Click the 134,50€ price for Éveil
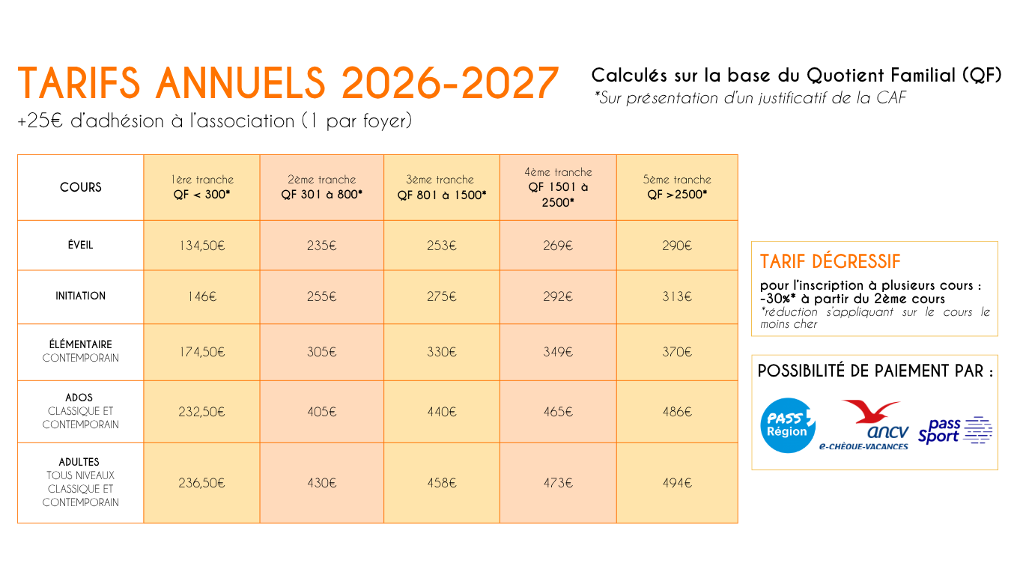tap(202, 246)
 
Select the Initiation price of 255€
tap(321, 296)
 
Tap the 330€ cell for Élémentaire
tap(442, 352)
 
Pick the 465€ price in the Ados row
tap(558, 412)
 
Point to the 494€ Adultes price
tap(677, 483)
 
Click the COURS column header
tap(80, 187)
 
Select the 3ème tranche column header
tap(442, 187)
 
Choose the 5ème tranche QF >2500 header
tap(677, 186)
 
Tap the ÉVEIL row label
tap(80, 246)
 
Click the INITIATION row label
tap(80, 296)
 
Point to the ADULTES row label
tap(79, 462)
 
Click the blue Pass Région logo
tap(787, 426)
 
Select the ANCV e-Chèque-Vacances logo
tap(863, 425)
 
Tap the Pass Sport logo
tap(955, 431)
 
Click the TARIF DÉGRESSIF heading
tap(830, 262)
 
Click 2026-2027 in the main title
tap(450, 83)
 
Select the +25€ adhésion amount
tap(40, 121)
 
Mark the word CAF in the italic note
tap(890, 98)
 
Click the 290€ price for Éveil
tap(677, 246)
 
